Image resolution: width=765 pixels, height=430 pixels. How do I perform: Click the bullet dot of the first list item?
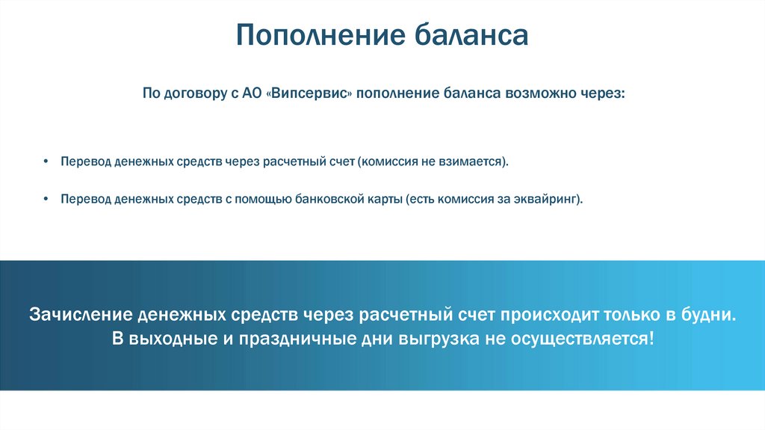[46, 162]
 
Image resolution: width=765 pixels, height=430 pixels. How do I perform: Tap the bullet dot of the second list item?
[46, 200]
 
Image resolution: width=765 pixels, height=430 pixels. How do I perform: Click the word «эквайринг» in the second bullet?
[548, 200]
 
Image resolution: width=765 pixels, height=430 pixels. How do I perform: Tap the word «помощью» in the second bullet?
[255, 200]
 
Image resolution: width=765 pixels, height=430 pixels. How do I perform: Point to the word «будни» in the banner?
[708, 313]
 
